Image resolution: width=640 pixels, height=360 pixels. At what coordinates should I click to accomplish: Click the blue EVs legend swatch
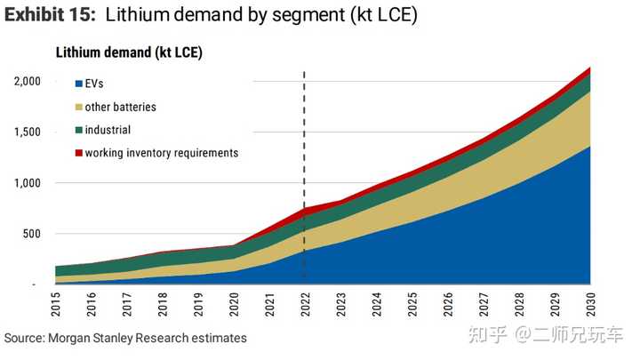tap(78, 84)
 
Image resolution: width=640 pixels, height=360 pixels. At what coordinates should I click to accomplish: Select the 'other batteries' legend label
tap(121, 107)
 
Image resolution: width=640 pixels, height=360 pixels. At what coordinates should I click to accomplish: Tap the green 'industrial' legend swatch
tap(78, 130)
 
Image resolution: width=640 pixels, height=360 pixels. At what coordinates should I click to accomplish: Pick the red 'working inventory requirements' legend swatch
tap(78, 153)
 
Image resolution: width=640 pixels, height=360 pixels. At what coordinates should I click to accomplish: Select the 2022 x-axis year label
tap(305, 306)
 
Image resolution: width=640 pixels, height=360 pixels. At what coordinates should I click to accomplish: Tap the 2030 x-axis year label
tap(588, 306)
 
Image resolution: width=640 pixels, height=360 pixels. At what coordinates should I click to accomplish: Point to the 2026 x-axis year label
tap(447, 306)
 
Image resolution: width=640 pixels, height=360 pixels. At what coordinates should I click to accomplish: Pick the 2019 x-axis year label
tap(198, 306)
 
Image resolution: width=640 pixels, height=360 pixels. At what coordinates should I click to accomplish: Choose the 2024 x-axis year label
tap(376, 306)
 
